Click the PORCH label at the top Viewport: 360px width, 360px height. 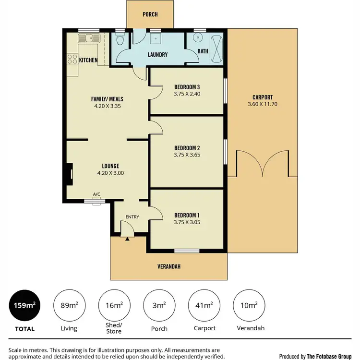pyautogui.click(x=150, y=14)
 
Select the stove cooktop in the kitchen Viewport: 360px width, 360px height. pyautogui.click(x=72, y=60)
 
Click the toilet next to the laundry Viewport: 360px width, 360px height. pyautogui.click(x=120, y=41)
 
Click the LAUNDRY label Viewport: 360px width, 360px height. pyautogui.click(x=157, y=55)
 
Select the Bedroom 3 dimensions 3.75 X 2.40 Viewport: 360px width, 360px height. pyautogui.click(x=187, y=94)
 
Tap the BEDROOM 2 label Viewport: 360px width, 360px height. pyautogui.click(x=187, y=148)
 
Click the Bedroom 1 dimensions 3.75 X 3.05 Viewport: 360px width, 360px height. pyautogui.click(x=187, y=222)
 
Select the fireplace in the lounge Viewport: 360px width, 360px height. pyautogui.click(x=70, y=173)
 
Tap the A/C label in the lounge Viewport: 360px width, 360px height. pyautogui.click(x=96, y=194)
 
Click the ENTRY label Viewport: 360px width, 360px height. pyautogui.click(x=132, y=217)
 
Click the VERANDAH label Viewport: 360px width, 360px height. pyautogui.click(x=169, y=267)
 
